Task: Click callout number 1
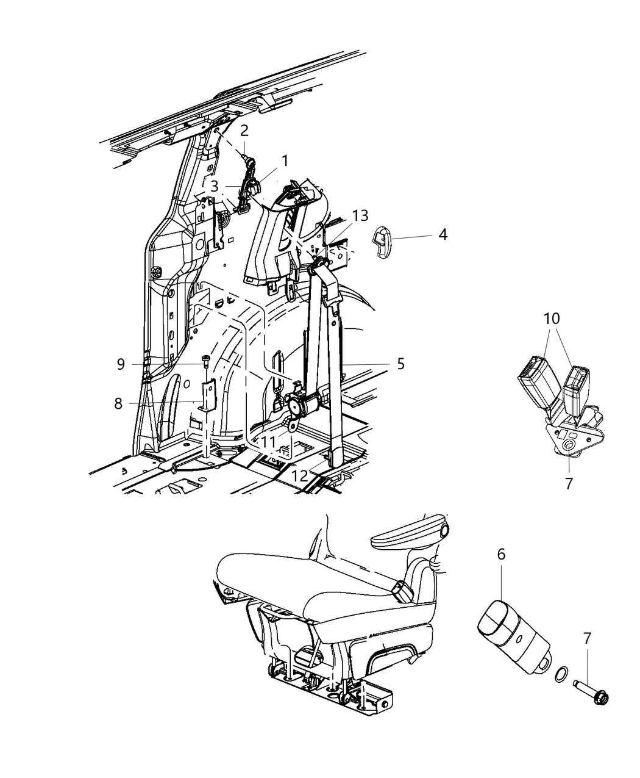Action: coord(284,161)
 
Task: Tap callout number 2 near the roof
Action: coord(244,130)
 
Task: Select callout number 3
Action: coord(214,187)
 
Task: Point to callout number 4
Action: coord(443,234)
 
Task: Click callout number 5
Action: coord(400,364)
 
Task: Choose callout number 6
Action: coord(501,554)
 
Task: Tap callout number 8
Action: coord(118,403)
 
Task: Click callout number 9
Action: coord(121,364)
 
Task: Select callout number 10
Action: coord(552,319)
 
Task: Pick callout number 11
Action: coord(269,441)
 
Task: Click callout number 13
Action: coord(360,215)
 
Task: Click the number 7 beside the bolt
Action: coord(587,639)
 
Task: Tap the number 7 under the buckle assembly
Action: coord(569,484)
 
